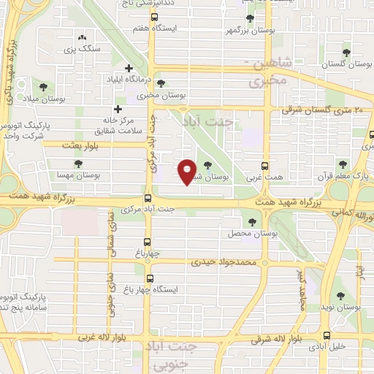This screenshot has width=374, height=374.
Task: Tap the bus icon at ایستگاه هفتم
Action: [153, 18]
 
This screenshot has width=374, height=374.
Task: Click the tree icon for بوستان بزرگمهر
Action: [250, 18]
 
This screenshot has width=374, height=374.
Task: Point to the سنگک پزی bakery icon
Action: [81, 37]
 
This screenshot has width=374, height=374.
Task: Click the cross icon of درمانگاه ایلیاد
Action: [129, 67]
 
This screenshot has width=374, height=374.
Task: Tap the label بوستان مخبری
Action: [160, 95]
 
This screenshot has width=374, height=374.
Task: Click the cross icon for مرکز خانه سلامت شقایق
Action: [118, 109]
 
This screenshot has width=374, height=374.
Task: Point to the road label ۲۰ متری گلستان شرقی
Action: [328, 110]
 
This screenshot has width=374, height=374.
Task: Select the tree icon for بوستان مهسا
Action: [78, 163]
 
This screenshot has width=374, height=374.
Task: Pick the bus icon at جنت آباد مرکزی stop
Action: [148, 198]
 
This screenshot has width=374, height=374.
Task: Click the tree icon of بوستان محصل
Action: [253, 221]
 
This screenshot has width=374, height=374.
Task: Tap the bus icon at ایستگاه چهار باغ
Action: [150, 278]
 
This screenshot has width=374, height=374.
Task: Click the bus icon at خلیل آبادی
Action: [327, 337]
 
